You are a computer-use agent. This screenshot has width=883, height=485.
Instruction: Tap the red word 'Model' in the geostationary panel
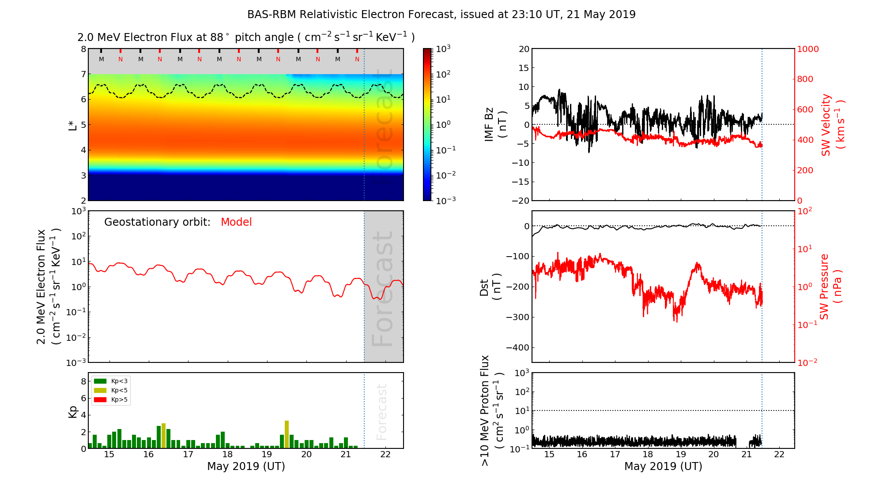(236, 222)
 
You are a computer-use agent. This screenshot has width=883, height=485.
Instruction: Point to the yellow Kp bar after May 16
(163, 436)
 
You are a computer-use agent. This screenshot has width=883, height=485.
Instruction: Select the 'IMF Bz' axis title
(495, 125)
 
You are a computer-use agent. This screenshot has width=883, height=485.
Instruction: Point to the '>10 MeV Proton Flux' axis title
(492, 410)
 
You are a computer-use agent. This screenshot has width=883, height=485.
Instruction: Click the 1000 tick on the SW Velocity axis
(808, 49)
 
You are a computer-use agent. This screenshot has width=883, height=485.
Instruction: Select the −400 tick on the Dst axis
(517, 347)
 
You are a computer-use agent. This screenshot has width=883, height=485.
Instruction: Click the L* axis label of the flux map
(72, 125)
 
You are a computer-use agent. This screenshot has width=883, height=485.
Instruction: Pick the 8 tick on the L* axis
(83, 49)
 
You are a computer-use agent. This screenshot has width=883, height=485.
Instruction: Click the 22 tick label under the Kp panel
(385, 455)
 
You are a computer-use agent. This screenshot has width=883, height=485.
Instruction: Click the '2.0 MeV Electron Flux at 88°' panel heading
(246, 37)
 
